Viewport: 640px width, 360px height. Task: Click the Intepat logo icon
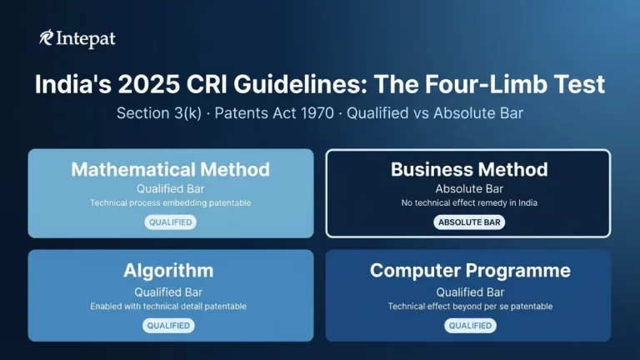point(47,38)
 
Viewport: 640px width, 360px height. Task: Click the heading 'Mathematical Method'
point(171,169)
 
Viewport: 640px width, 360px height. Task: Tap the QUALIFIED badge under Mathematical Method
point(171,222)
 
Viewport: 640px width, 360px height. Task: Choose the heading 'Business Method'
point(469,169)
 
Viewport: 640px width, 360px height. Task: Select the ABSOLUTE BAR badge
point(469,222)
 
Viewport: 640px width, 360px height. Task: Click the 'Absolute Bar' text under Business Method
point(469,188)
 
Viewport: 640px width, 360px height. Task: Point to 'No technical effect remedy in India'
point(469,202)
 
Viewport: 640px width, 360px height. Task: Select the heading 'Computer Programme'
point(470,271)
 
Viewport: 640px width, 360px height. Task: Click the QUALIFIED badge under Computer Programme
point(470,325)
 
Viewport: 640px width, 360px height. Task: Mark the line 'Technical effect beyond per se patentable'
point(470,306)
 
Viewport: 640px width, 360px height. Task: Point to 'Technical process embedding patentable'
point(171,202)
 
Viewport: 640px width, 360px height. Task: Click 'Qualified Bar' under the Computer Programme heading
point(470,292)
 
